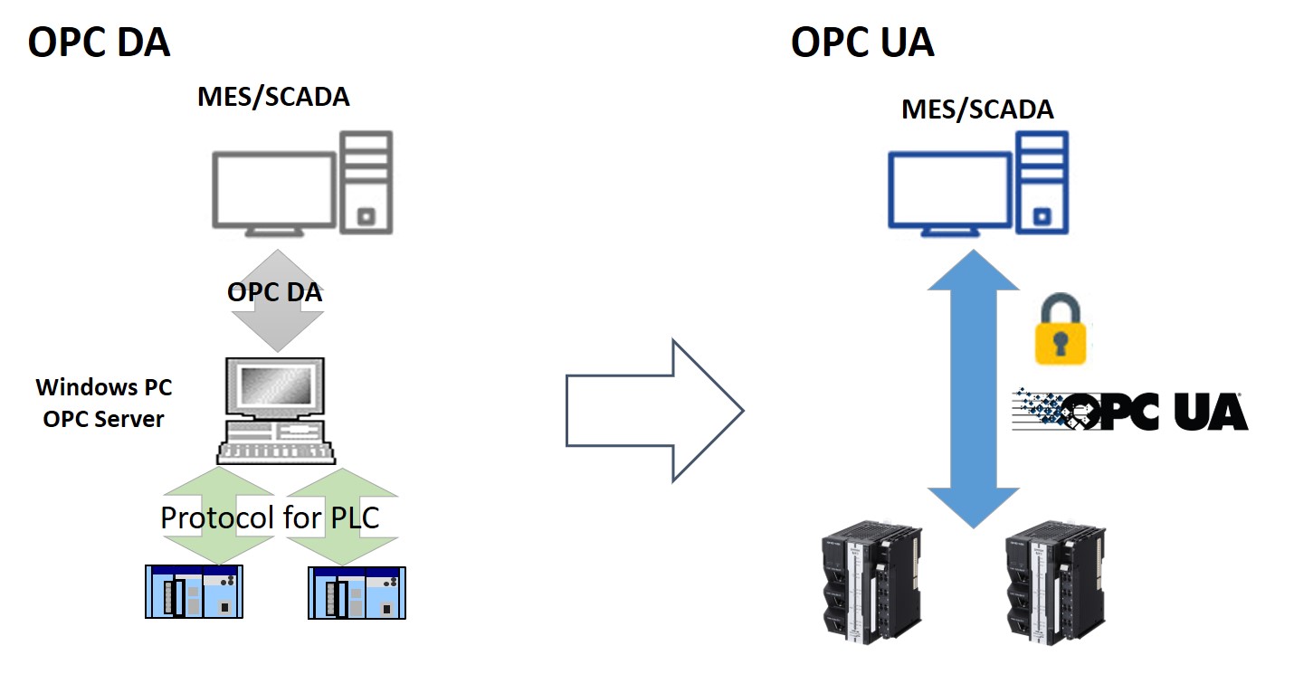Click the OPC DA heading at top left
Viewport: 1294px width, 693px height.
(99, 43)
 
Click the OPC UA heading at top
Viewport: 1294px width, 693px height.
(861, 43)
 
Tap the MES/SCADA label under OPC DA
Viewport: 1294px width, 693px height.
(273, 98)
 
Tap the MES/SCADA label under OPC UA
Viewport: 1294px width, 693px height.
(977, 109)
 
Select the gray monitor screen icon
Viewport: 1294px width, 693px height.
(273, 192)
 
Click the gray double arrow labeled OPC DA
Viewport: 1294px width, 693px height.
(274, 300)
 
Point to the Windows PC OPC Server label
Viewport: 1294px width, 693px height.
(103, 403)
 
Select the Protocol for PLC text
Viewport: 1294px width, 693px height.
(270, 517)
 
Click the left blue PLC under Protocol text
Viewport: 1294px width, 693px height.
(195, 592)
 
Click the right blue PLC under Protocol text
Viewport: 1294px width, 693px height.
(357, 592)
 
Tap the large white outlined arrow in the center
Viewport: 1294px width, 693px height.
(654, 411)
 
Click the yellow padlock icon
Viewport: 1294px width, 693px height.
(1061, 331)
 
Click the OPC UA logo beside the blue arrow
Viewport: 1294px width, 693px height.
(1131, 412)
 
